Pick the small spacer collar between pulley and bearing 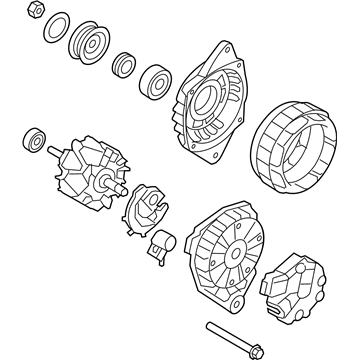[x=126, y=62]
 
